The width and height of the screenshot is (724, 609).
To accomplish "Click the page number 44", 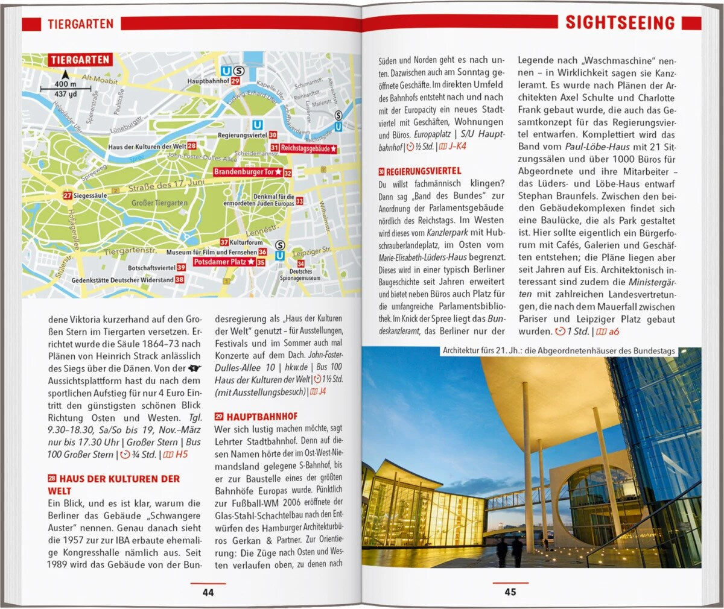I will pyautogui.click(x=208, y=592).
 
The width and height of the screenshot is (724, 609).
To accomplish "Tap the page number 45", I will pyautogui.click(x=510, y=592).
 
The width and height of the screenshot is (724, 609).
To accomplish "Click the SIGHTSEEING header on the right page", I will pyautogui.click(x=620, y=24).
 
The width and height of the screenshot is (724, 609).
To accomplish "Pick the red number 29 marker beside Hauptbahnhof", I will pyautogui.click(x=235, y=81).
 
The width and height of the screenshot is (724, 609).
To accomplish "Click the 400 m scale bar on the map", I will pyautogui.click(x=65, y=89).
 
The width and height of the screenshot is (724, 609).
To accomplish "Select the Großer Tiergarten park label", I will pyautogui.click(x=159, y=203).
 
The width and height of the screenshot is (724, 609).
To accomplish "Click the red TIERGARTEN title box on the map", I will pyautogui.click(x=80, y=60).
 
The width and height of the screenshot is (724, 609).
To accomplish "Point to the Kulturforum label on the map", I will pyautogui.click(x=246, y=242).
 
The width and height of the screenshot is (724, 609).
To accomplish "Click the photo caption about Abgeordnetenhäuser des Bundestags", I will pyautogui.click(x=559, y=351).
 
